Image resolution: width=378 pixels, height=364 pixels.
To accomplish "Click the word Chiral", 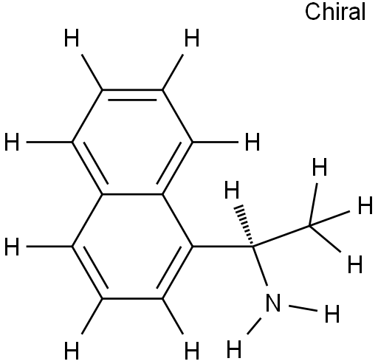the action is pos(335,12).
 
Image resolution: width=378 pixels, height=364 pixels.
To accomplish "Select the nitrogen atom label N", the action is pos(273,303).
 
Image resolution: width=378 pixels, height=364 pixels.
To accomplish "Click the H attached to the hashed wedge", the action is pos(232,190).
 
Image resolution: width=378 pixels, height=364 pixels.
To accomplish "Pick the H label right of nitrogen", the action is pos(332,314).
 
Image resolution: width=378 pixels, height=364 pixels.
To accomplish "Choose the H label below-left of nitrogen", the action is pos(234,348).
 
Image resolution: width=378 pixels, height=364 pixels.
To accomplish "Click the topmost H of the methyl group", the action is pos(320,167).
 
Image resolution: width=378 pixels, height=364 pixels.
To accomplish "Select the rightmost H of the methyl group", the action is pos(365,205).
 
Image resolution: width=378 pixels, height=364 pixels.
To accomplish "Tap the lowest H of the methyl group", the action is pos(355,264).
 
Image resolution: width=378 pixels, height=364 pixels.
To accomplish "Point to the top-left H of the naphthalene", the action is pos(72,38).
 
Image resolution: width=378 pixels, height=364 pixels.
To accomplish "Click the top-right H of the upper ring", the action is pos(192,38).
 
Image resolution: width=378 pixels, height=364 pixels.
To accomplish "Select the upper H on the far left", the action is pos(12,142).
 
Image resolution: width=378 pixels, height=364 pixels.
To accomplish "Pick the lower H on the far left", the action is pos(12,247).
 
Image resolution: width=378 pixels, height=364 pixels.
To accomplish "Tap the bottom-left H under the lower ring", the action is pos(72,351).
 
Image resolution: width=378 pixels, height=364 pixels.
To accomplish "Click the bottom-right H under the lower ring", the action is pos(192,351).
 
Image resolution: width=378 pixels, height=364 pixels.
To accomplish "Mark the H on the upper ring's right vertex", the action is pos(252,142).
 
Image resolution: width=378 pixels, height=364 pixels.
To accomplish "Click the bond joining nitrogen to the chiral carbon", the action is pos(260,267).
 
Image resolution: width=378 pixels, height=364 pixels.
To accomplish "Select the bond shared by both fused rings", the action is pos(132,194).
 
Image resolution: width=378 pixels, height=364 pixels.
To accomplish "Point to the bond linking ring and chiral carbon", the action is pos(222,246).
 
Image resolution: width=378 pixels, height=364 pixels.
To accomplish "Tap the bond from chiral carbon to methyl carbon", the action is pos(281,236).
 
